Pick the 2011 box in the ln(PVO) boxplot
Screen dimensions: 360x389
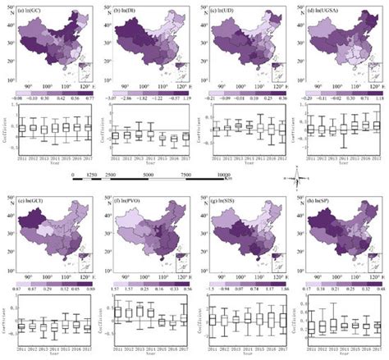[116, 312]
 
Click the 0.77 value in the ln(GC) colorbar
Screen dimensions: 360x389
[86, 96]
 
